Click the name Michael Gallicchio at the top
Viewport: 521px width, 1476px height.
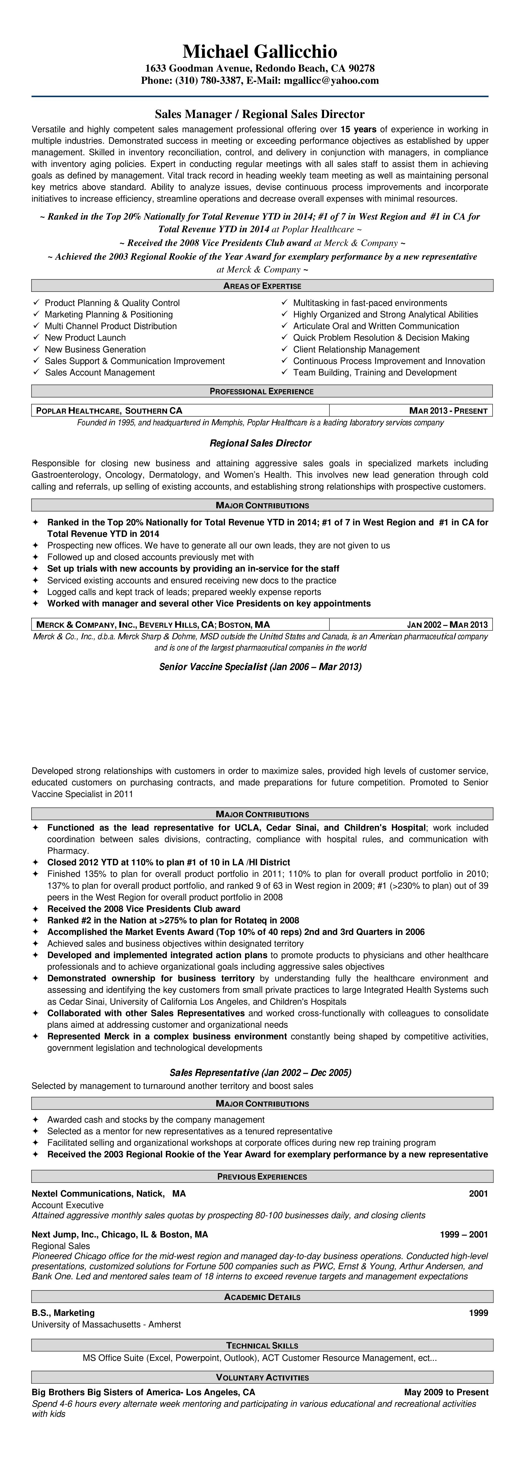pos(260,51)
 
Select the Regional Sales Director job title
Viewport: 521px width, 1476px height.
pos(260,443)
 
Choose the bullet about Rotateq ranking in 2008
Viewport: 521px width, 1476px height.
pos(173,920)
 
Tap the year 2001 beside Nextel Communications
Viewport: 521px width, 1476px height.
pos(478,1194)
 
